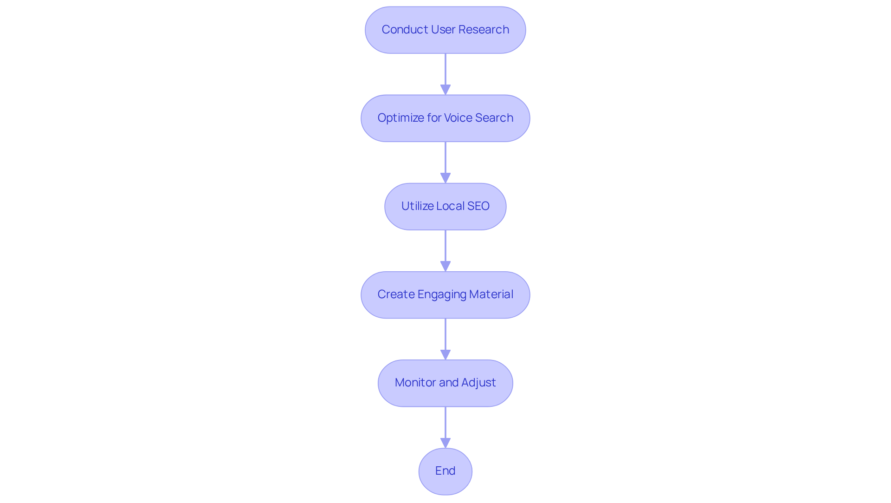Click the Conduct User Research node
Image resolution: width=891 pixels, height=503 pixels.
click(x=445, y=30)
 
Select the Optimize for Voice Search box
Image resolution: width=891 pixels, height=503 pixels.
click(x=445, y=118)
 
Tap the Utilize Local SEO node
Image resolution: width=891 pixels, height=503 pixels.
click(x=445, y=207)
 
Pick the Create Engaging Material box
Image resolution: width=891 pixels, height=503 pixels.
click(x=445, y=295)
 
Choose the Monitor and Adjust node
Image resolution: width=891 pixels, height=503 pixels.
click(x=445, y=383)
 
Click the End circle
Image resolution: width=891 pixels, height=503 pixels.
click(x=445, y=471)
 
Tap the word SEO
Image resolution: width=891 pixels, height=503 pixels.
click(x=478, y=206)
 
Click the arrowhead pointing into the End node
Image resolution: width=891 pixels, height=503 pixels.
click(x=445, y=443)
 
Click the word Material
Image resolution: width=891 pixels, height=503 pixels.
click(x=491, y=294)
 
